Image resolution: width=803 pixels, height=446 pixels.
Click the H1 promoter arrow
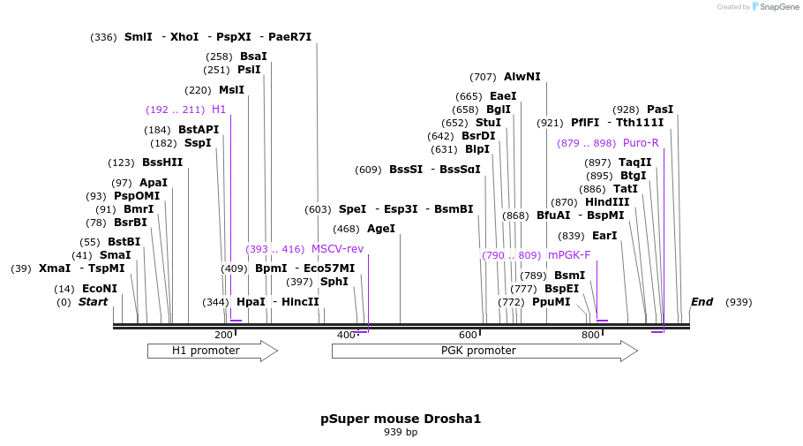pos(212,351)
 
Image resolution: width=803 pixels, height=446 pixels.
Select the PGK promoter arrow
pos(484,351)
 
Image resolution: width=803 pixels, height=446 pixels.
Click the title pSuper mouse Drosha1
pos(401,419)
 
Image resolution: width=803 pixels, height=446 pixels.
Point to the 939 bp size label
pos(401,433)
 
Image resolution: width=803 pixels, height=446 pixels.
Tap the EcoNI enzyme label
pos(100,289)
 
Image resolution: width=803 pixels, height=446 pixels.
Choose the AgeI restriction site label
pos(381,229)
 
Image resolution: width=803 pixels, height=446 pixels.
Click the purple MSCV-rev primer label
pos(337,249)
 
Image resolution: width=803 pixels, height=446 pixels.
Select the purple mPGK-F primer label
pos(569,255)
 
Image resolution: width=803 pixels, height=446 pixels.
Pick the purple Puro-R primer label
pos(641,143)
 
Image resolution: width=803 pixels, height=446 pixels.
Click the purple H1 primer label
pos(219,110)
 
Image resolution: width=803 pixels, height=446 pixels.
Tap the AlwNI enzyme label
pos(522,77)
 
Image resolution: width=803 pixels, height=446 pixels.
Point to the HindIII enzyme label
pos(607,202)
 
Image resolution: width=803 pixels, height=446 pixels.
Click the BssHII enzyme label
pos(162,163)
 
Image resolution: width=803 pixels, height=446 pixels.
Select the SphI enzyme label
pos(334,282)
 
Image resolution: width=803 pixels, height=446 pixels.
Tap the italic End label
pos(702,302)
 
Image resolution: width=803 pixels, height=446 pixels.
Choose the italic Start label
pos(93,302)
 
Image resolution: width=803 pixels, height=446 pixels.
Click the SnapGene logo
pos(773,6)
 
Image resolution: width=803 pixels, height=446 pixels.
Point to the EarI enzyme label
pos(604,236)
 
